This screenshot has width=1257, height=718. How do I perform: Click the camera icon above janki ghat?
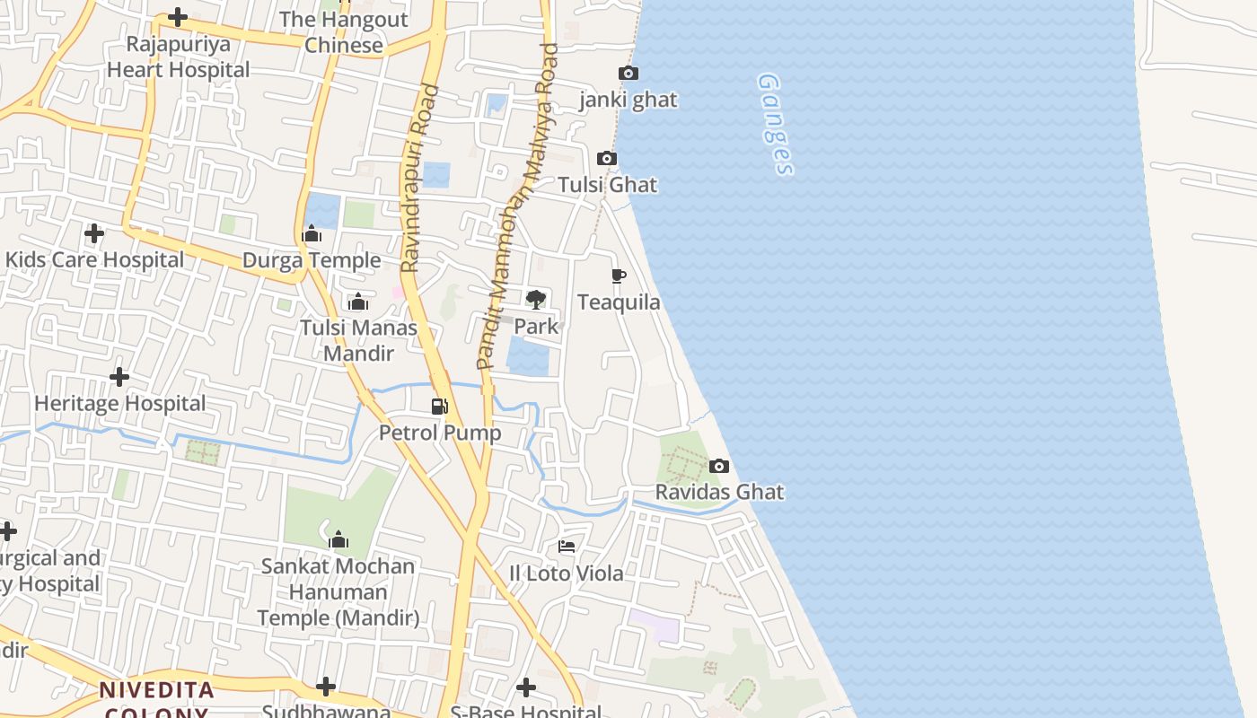click(628, 74)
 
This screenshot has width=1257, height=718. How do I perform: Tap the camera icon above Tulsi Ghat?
click(607, 159)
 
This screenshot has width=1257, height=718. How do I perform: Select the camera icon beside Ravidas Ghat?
click(719, 466)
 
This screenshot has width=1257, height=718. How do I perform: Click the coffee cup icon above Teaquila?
click(618, 276)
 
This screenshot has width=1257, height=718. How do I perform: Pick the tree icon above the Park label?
click(536, 300)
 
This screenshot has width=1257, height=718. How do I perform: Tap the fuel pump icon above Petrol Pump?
click(440, 407)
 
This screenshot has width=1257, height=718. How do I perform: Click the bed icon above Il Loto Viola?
click(567, 546)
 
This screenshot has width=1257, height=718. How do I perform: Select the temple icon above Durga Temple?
click(312, 234)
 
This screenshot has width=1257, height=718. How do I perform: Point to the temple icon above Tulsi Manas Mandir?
click(358, 302)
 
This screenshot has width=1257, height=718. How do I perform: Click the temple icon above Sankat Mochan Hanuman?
click(338, 539)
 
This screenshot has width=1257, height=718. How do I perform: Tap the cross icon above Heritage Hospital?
click(119, 377)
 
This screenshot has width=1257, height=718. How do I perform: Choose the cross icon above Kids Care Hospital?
click(94, 233)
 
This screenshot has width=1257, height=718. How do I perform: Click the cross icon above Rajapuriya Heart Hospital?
click(178, 17)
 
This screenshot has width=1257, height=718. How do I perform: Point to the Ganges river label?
click(777, 124)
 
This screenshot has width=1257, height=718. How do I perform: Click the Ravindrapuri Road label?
click(420, 179)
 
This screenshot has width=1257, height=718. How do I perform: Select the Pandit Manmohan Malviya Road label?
click(518, 206)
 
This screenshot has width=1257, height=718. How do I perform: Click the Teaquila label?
click(619, 302)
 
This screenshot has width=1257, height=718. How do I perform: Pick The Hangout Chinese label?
click(344, 32)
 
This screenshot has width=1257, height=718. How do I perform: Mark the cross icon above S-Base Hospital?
click(526, 688)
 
